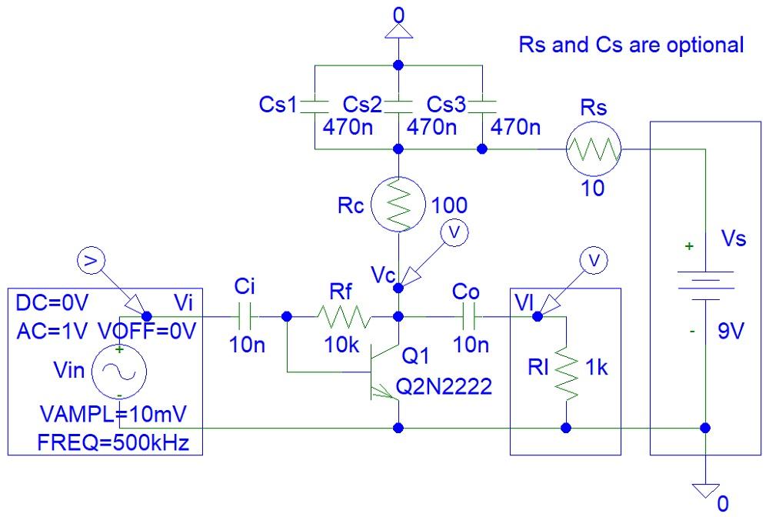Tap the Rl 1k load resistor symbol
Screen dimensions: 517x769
click(566, 371)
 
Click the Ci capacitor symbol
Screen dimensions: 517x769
click(246, 316)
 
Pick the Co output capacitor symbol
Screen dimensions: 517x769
click(471, 316)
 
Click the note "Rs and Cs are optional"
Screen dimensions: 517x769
click(631, 44)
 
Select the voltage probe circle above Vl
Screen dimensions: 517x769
click(591, 262)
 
